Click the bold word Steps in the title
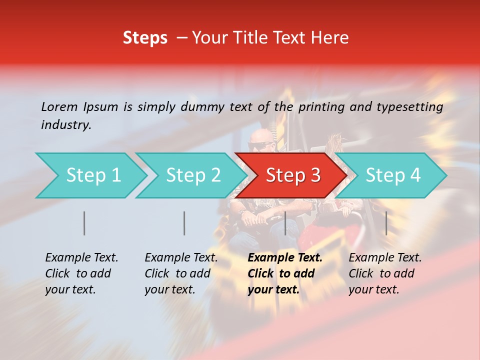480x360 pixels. tap(145, 38)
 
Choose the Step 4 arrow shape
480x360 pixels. tap(391, 175)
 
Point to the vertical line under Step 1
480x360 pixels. tap(84, 223)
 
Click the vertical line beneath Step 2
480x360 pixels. tap(184, 223)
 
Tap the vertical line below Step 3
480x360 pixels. tap(285, 223)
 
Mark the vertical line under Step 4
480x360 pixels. tap(386, 223)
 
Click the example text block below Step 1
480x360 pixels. tap(81, 273)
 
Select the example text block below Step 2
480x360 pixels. tap(181, 273)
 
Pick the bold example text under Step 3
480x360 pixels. tap(284, 273)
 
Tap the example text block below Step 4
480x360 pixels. tap(385, 273)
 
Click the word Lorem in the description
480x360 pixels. tap(59, 106)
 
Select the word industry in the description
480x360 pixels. tap(66, 124)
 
